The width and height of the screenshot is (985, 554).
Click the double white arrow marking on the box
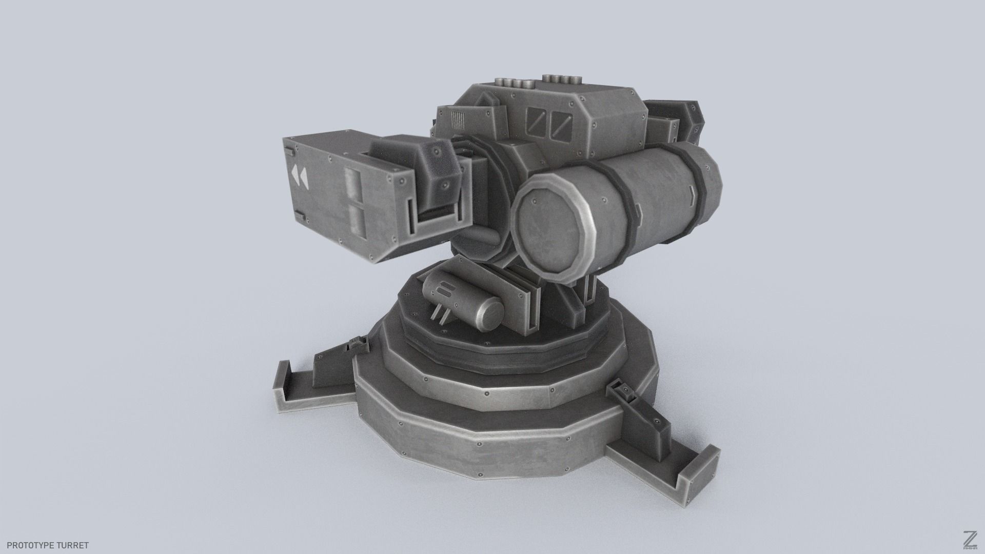299,176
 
